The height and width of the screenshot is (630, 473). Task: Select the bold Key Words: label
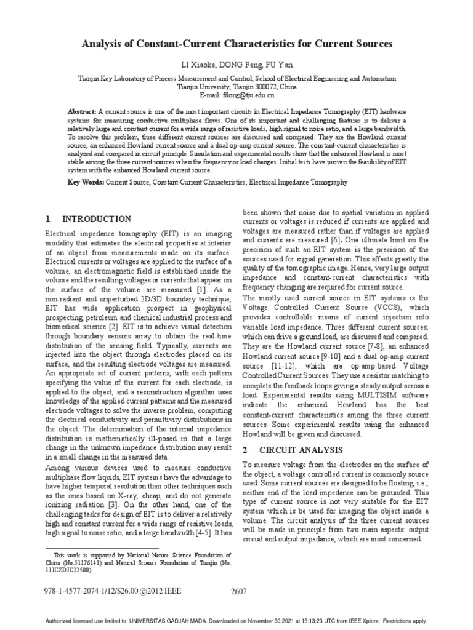(86, 183)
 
